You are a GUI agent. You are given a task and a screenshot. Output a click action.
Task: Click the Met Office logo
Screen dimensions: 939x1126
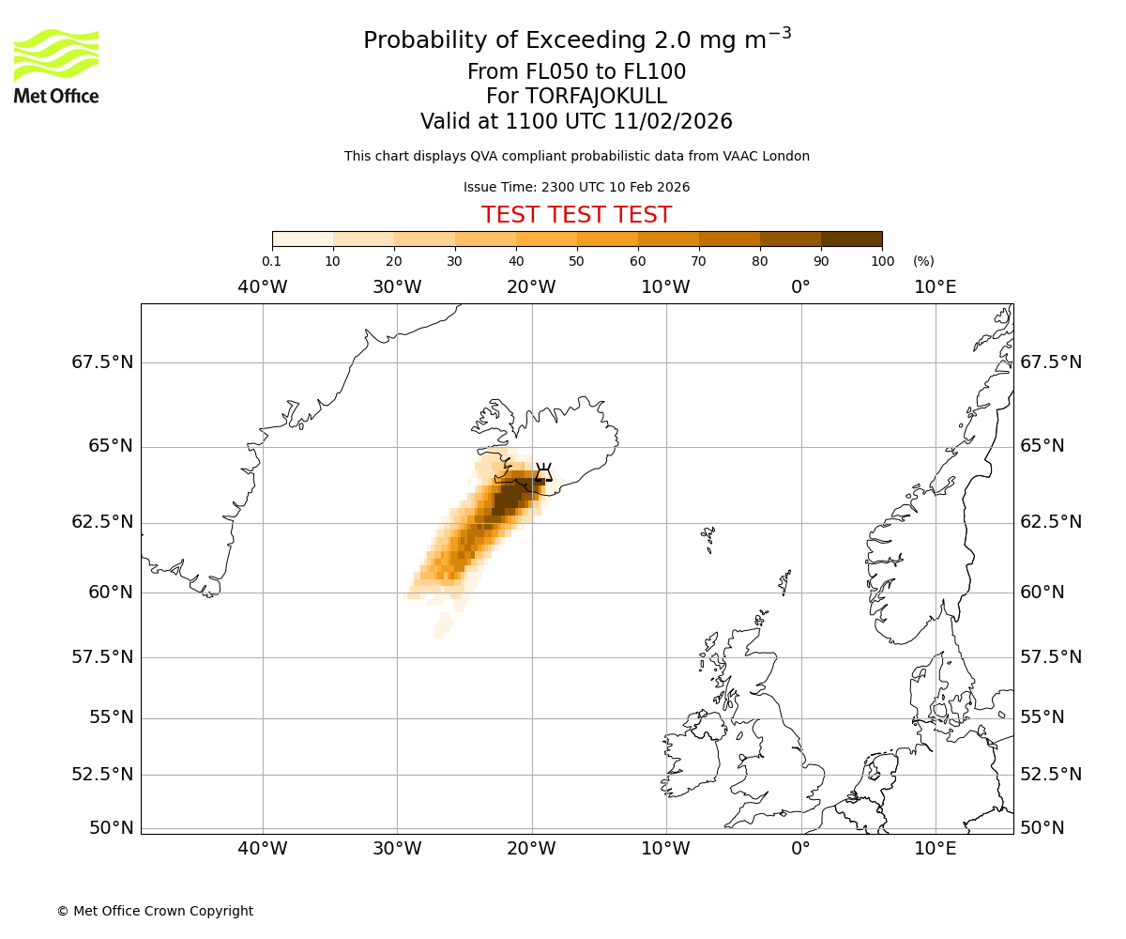pyautogui.click(x=56, y=66)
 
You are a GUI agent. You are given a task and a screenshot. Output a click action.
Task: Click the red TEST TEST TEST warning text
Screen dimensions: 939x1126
pyautogui.click(x=576, y=215)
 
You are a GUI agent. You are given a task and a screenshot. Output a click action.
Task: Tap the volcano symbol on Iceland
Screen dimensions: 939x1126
pyautogui.click(x=543, y=471)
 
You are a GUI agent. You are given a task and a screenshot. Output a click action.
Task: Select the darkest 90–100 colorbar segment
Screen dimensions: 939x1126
pyautogui.click(x=851, y=239)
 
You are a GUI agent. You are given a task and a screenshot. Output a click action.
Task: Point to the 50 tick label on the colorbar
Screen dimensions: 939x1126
pyautogui.click(x=576, y=261)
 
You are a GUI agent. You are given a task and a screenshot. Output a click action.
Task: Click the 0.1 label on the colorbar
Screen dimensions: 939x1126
pyautogui.click(x=271, y=261)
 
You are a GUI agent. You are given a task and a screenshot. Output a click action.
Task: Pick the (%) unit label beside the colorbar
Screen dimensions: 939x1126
pyautogui.click(x=923, y=261)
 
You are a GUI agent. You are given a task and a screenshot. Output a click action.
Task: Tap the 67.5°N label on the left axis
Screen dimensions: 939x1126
pyautogui.click(x=102, y=362)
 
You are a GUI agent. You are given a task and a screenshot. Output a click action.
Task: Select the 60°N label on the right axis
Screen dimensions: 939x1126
pyautogui.click(x=1042, y=593)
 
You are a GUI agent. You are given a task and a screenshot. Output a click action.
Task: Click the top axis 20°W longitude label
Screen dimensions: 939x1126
pyautogui.click(x=531, y=286)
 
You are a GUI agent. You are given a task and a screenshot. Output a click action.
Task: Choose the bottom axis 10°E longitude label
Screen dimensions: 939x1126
pyautogui.click(x=936, y=849)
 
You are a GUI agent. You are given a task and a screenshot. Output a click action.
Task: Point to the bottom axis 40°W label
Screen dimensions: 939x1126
pyautogui.click(x=262, y=849)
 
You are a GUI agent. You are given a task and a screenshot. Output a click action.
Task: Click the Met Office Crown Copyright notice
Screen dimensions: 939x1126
pyautogui.click(x=155, y=911)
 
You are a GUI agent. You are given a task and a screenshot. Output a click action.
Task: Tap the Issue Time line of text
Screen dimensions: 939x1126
pyautogui.click(x=576, y=187)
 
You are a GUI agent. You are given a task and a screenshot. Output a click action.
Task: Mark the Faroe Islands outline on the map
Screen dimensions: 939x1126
pyautogui.click(x=708, y=538)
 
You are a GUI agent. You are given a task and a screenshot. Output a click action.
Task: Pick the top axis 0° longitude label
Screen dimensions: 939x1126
pyautogui.click(x=800, y=286)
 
